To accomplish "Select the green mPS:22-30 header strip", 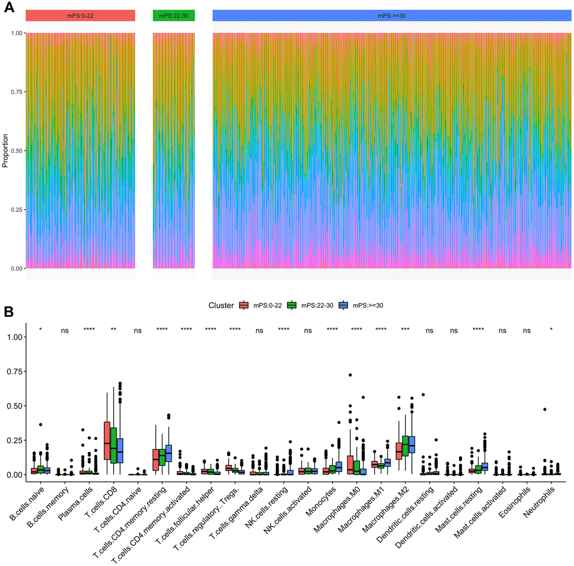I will tap(174, 16).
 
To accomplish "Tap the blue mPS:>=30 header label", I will tap(392, 16).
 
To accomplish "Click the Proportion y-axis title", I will tap(6, 151).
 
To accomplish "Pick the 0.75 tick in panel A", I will tap(16, 92).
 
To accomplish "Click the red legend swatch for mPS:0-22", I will tap(244, 305).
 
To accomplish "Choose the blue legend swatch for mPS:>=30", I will tap(343, 305).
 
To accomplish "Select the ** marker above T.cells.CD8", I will tap(113, 329).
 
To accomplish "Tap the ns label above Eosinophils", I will tap(527, 330).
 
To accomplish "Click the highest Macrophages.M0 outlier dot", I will tap(350, 375).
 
